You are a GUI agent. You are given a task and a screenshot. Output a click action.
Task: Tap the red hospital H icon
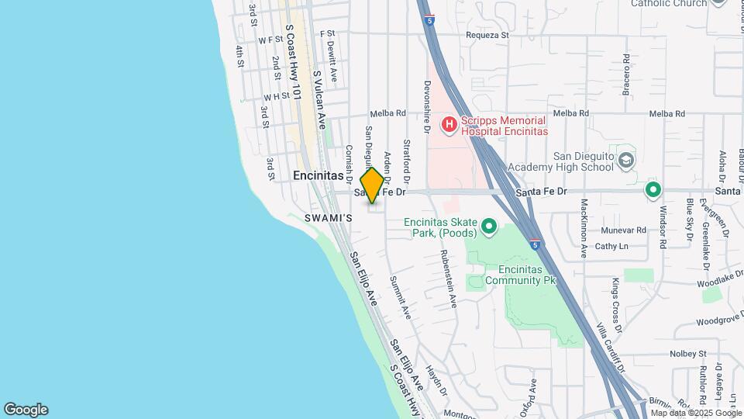[449, 124]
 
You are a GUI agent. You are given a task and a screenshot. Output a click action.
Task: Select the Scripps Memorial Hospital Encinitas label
[505, 126]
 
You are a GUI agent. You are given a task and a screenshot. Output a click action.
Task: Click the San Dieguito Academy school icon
[626, 161]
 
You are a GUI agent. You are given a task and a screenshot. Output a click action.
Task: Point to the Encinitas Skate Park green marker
[488, 227]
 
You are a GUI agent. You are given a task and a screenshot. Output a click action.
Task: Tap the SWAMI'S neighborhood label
[328, 218]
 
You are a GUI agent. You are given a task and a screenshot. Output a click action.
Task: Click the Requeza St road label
[487, 35]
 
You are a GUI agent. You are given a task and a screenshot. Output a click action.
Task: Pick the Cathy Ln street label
[611, 247]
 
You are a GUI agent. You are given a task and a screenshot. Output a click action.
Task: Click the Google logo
[26, 410]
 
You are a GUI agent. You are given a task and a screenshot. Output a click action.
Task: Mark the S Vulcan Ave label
[320, 95]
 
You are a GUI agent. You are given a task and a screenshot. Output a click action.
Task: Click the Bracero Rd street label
[625, 74]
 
